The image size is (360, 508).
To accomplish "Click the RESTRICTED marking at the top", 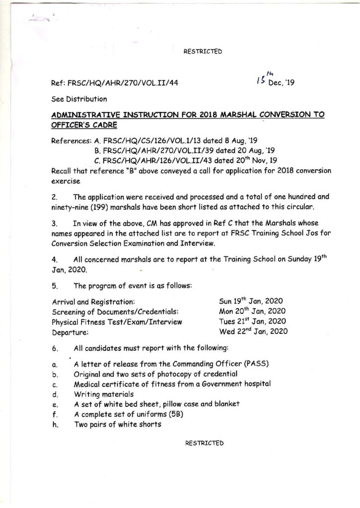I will point(203,51).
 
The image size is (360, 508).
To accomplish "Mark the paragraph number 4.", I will point(55,259).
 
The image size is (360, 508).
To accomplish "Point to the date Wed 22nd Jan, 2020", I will point(252,331).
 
